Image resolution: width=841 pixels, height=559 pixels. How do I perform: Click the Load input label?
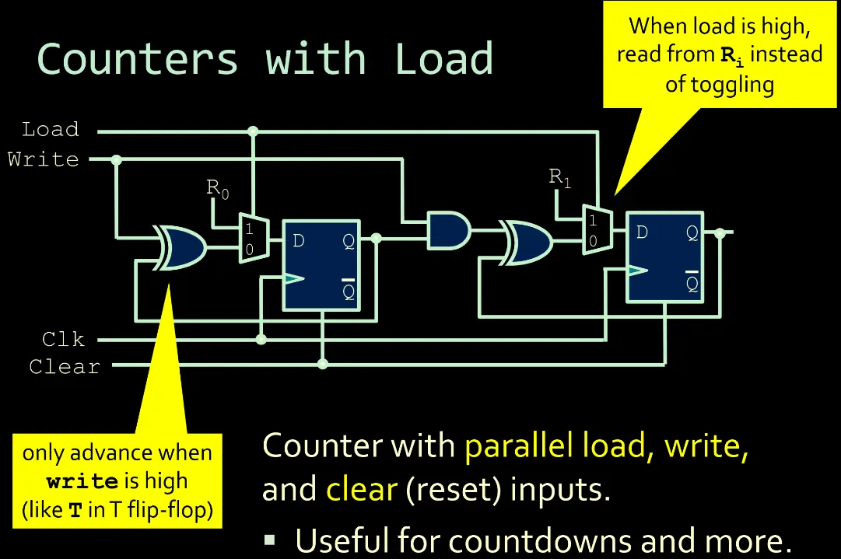(51, 129)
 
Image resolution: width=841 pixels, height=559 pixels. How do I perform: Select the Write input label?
(44, 159)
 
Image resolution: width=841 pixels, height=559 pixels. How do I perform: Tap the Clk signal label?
(64, 340)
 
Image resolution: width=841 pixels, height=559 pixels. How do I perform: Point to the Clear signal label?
(65, 366)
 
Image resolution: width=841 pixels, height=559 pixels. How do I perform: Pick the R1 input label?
(560, 177)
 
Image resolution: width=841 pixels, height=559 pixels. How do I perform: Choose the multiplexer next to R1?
(597, 229)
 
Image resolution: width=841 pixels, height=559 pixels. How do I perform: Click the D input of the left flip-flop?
(298, 241)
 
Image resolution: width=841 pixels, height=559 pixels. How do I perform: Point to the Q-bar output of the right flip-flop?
(692, 283)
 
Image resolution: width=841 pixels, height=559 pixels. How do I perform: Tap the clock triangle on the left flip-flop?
(293, 279)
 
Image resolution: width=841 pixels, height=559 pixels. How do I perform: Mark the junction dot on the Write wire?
(117, 160)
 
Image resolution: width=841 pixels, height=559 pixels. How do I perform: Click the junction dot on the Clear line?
(323, 364)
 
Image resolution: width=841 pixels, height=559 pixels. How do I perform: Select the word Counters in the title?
(138, 59)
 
